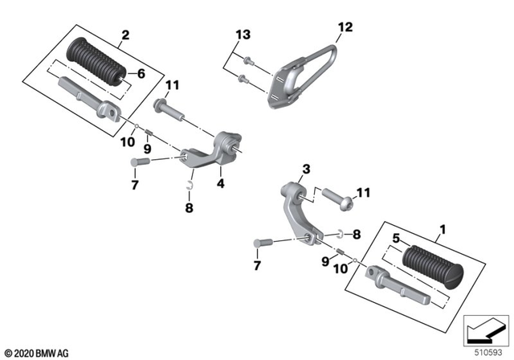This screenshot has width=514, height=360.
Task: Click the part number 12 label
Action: pos(345,28)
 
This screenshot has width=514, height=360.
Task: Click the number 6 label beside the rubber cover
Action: pos(141,74)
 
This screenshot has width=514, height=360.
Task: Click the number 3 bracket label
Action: pos(305,169)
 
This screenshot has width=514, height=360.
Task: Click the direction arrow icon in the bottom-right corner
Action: pos(484,329)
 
